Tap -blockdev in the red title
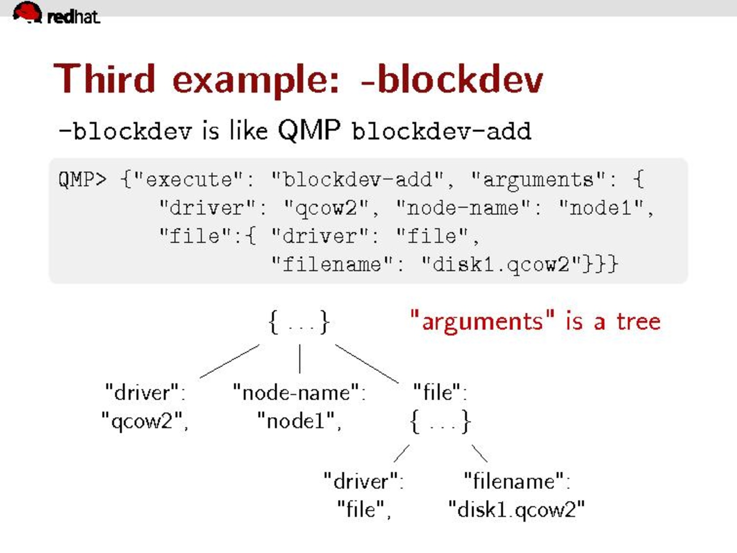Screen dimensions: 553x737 tap(451, 79)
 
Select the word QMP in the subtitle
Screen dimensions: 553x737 tap(309, 130)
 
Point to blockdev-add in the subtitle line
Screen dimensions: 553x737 tap(441, 131)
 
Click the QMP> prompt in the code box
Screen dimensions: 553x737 tap(82, 180)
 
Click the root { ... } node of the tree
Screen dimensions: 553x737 tap(299, 323)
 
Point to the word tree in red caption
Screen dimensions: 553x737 tap(638, 322)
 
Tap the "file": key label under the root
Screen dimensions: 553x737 tap(440, 392)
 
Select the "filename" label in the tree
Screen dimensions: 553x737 tap(516, 482)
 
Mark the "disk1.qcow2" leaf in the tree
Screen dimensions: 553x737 tap(516, 510)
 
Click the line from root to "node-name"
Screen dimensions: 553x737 tap(300, 359)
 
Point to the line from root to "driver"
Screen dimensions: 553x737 tap(229, 361)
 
